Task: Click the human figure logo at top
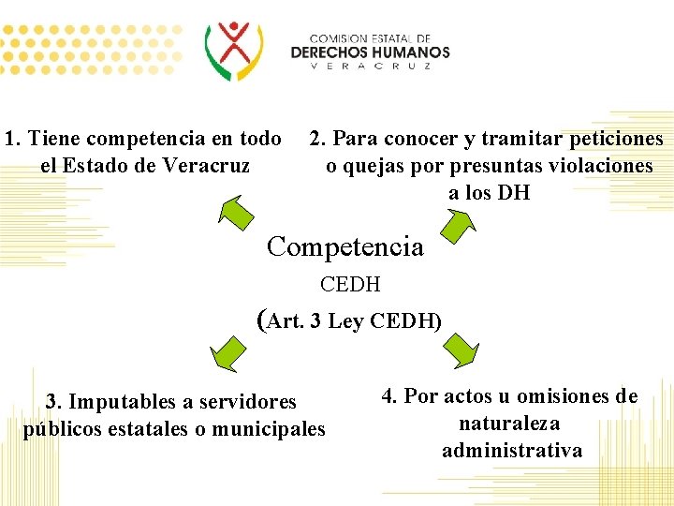tap(235, 49)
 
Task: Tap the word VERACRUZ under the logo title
tap(370, 67)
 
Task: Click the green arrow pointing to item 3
tap(227, 353)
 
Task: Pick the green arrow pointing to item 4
tap(460, 349)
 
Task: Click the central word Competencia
tap(344, 246)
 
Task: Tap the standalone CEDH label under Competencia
tap(350, 284)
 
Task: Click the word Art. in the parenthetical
tap(286, 321)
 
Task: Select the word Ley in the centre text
tap(345, 321)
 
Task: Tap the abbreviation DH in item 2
tap(514, 193)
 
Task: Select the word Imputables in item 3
tap(116, 402)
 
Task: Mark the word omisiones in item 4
tap(553, 396)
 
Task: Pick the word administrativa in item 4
tap(511, 451)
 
